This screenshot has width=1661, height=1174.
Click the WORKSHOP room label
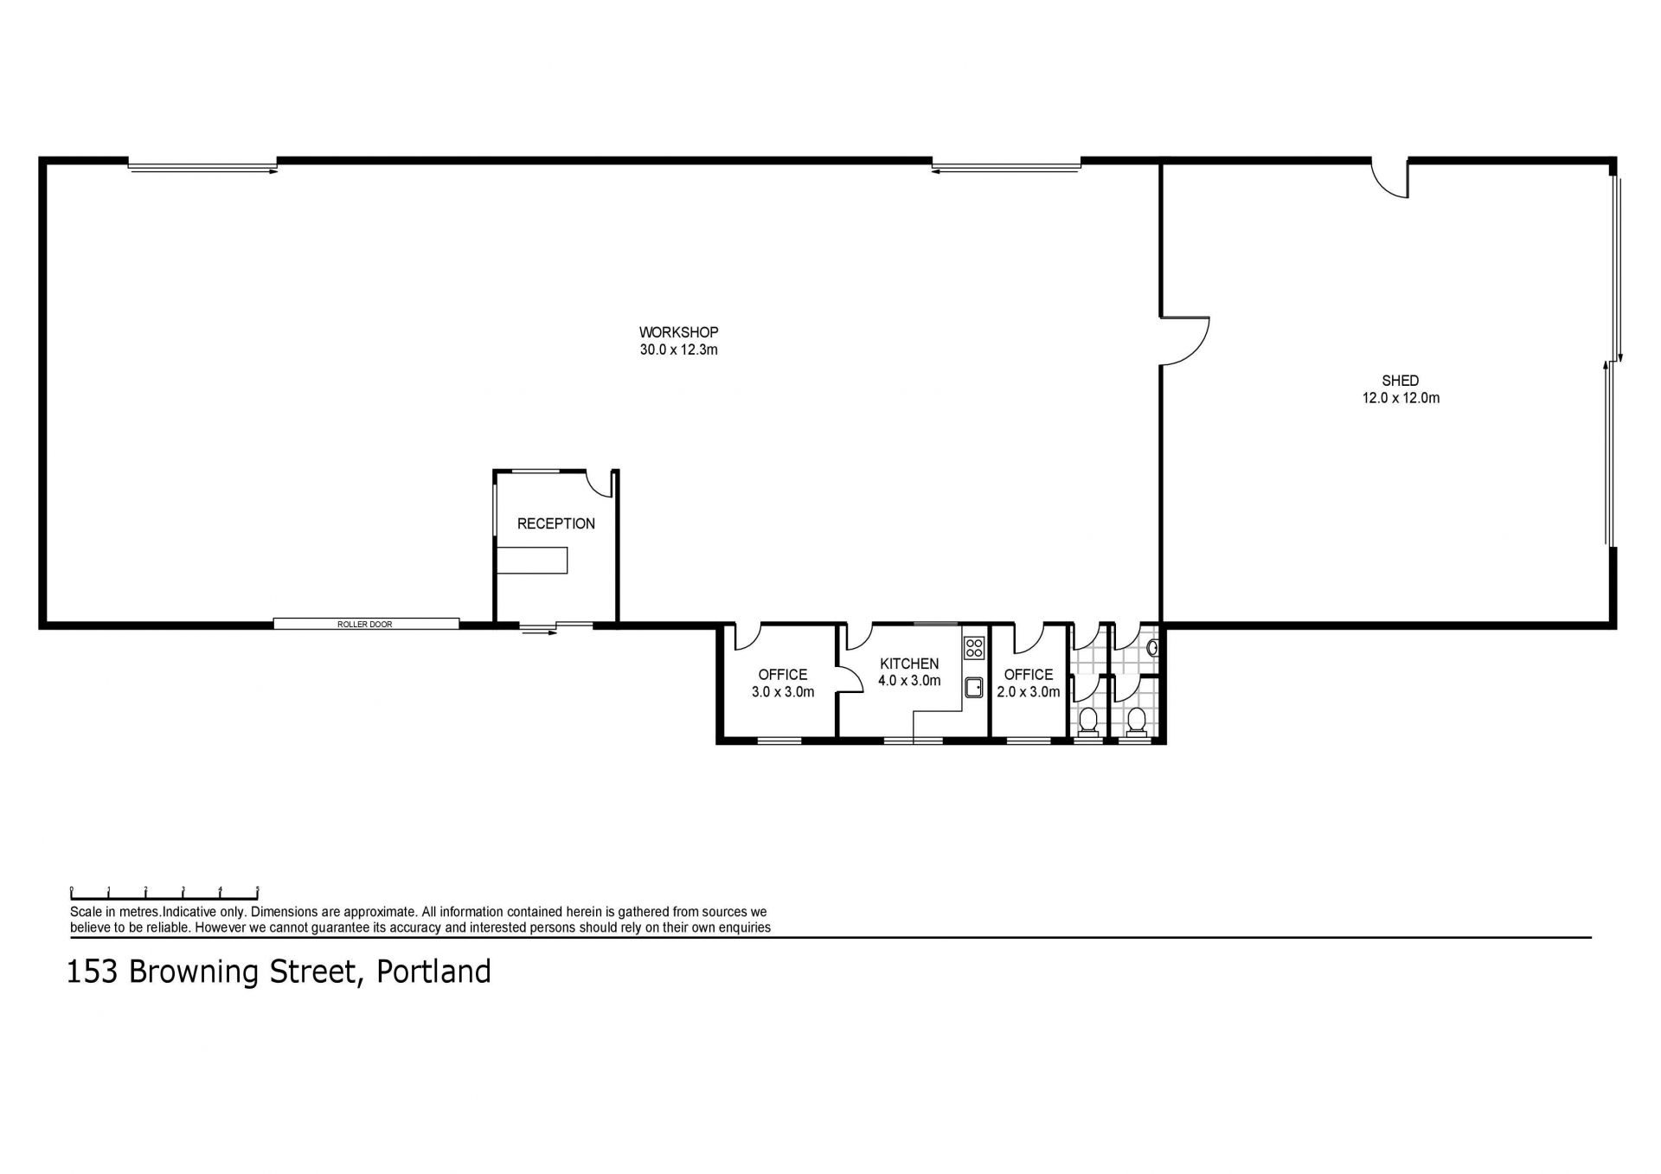pos(678,332)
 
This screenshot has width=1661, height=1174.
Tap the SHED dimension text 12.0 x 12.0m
pos(1400,399)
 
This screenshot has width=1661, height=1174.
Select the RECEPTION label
pos(556,523)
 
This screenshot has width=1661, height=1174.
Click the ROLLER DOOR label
pos(365,624)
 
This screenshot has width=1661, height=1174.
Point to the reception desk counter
pos(532,560)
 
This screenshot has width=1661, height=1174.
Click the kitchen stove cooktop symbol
pos(974,647)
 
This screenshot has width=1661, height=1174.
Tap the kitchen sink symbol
pos(974,687)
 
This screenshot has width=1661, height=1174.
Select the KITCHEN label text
pos(909,664)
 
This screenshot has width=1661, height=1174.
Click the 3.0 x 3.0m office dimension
pos(782,692)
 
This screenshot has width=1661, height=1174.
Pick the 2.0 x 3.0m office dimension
pos(1028,692)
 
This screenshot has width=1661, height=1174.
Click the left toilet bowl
pos(1088,721)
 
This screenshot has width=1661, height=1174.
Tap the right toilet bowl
pos(1137,721)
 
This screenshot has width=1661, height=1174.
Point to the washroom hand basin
pos(1151,647)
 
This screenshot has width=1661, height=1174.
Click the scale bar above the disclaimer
pos(164,895)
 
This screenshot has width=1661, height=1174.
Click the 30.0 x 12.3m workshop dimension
pos(678,350)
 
